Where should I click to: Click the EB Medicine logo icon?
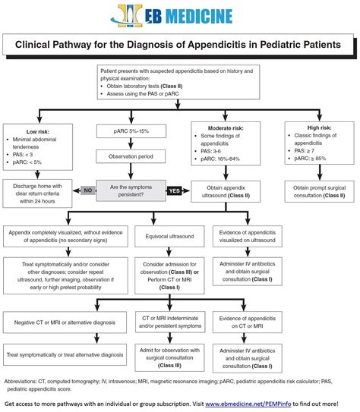tap(127, 16)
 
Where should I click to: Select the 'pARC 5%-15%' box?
tap(131, 131)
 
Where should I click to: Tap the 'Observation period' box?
tap(131, 156)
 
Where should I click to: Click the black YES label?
tap(174, 190)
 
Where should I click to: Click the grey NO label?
tap(88, 190)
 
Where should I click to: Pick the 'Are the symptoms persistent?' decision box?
tap(131, 190)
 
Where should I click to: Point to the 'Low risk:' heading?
tap(38, 131)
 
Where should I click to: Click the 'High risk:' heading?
tap(320, 127)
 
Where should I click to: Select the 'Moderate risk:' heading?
tap(226, 128)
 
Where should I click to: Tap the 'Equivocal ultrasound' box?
tap(169, 236)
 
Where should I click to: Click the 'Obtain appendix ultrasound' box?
tap(226, 191)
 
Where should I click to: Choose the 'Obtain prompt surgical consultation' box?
tap(320, 191)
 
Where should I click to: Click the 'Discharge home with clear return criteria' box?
tap(37, 193)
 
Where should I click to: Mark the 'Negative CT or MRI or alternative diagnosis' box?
tap(65, 322)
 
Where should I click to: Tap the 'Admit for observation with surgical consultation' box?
tap(169, 357)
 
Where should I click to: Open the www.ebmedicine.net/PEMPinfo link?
tap(248, 404)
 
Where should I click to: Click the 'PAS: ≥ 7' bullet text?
tap(305, 151)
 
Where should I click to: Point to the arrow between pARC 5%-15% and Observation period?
tap(131, 143)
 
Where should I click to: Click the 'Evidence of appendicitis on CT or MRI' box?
tap(248, 322)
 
